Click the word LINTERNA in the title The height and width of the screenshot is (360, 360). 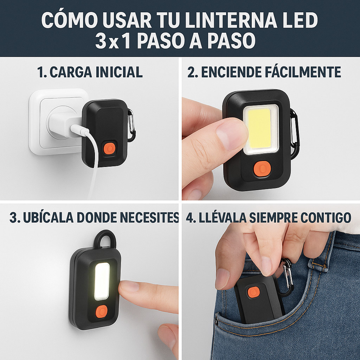[x=232, y=21]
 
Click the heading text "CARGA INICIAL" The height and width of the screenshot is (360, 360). [x=96, y=72]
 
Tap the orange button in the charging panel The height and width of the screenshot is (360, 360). [x=110, y=148]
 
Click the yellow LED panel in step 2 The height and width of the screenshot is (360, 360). [x=260, y=128]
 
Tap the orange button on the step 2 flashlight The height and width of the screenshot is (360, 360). [x=261, y=169]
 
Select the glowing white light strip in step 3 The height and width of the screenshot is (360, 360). [x=102, y=281]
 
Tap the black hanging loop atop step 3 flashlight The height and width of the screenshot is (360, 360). [x=105, y=239]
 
